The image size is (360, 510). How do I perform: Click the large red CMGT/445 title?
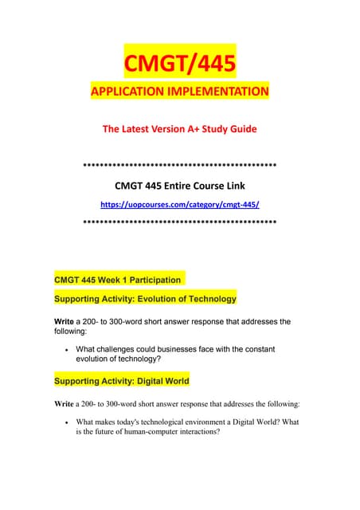[179, 61]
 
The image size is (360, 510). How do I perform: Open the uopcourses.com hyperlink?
[179, 205]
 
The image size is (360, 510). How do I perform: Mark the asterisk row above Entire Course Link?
[179, 166]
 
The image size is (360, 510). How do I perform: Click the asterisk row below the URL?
[179, 222]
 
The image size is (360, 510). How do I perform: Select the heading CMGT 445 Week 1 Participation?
[117, 280]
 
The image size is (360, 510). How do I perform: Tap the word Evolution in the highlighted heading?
[156, 299]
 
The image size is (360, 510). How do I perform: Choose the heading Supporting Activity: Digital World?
[121, 381]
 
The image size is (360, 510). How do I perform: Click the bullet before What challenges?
[63, 349]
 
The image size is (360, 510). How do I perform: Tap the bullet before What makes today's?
[63, 422]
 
